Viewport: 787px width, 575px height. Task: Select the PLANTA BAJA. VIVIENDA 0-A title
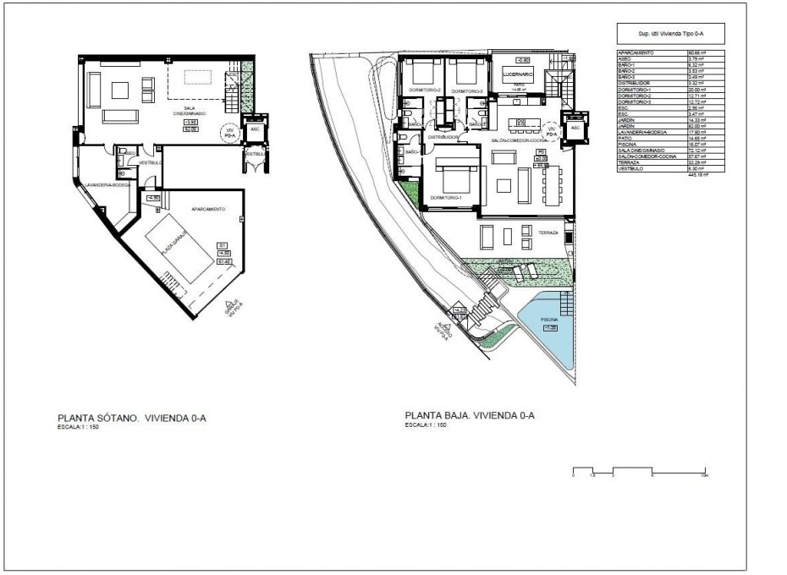(470, 415)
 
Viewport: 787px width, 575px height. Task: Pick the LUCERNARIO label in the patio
(518, 74)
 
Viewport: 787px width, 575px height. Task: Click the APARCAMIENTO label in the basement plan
(207, 209)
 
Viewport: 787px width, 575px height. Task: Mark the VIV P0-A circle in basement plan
(227, 133)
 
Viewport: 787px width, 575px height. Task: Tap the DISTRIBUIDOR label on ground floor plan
(443, 137)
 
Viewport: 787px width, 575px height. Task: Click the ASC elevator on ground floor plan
(575, 129)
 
